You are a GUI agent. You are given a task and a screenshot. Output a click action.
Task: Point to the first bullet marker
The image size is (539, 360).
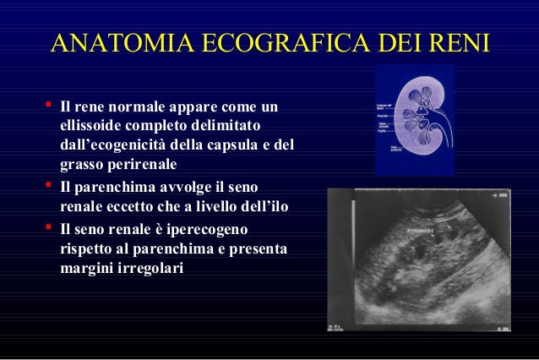(49, 106)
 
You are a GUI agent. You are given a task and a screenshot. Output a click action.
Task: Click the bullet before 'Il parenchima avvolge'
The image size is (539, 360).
(49, 184)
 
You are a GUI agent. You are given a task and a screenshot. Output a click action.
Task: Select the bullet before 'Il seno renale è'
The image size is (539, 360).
(49, 227)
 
